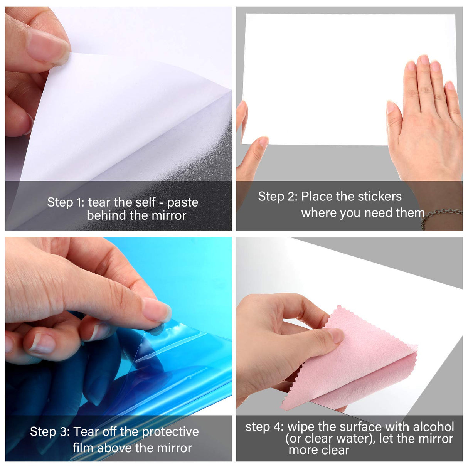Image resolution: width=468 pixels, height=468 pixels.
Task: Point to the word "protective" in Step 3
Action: point(172,432)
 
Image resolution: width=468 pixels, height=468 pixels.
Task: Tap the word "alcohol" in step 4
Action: point(433,427)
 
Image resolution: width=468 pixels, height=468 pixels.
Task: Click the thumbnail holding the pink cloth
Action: point(335,335)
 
